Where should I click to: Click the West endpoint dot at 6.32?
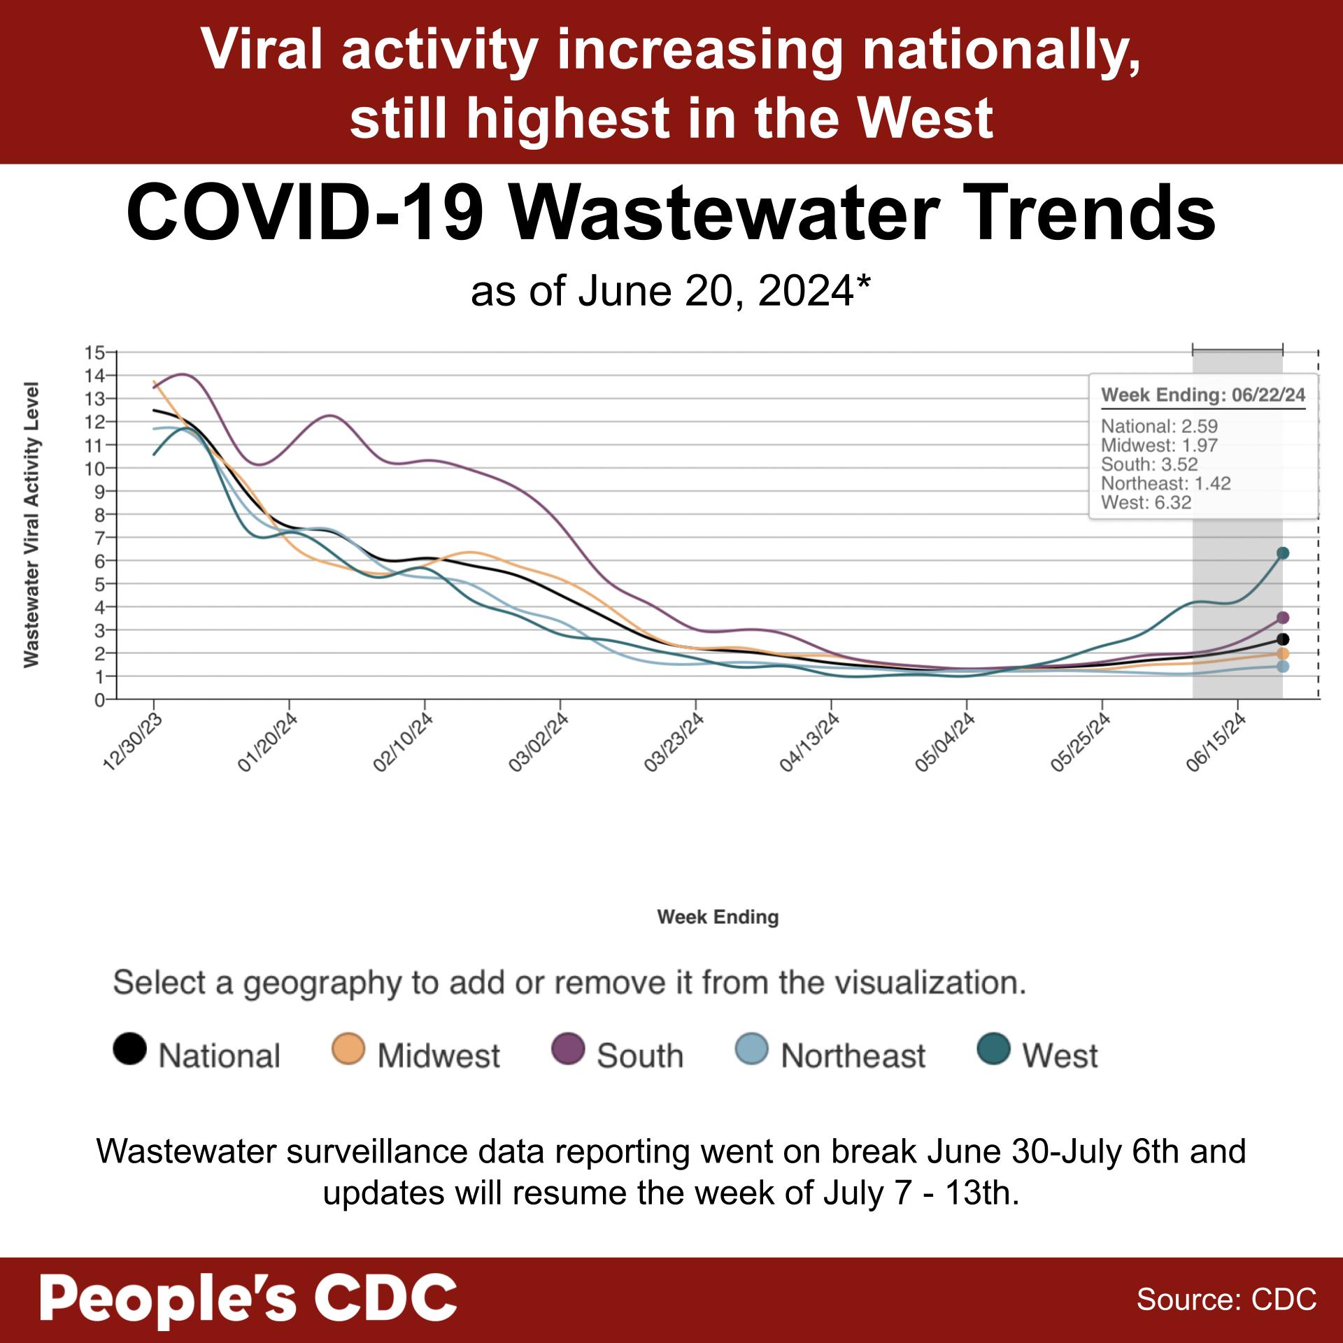pos(1282,553)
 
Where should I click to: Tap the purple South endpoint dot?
pos(1282,618)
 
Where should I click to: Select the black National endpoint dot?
pos(1282,639)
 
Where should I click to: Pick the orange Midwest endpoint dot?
pos(1282,653)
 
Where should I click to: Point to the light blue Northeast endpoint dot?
pos(1282,667)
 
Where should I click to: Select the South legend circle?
pos(567,1049)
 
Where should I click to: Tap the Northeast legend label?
pos(852,1056)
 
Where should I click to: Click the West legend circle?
pos(993,1049)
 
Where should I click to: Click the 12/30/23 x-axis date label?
pos(134,743)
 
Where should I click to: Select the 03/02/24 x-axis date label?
pos(539,743)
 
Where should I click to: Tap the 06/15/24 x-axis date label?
pos(1217,743)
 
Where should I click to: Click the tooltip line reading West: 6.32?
pos(1146,503)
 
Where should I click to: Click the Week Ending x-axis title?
pos(718,917)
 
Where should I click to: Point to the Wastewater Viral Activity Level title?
pos(31,525)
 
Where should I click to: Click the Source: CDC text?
pos(1226,1300)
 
